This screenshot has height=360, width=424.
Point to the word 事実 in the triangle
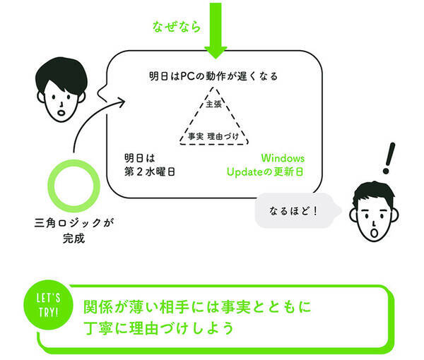(196, 135)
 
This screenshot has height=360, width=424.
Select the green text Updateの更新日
(266, 172)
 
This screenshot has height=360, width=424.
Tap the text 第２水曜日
(149, 172)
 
